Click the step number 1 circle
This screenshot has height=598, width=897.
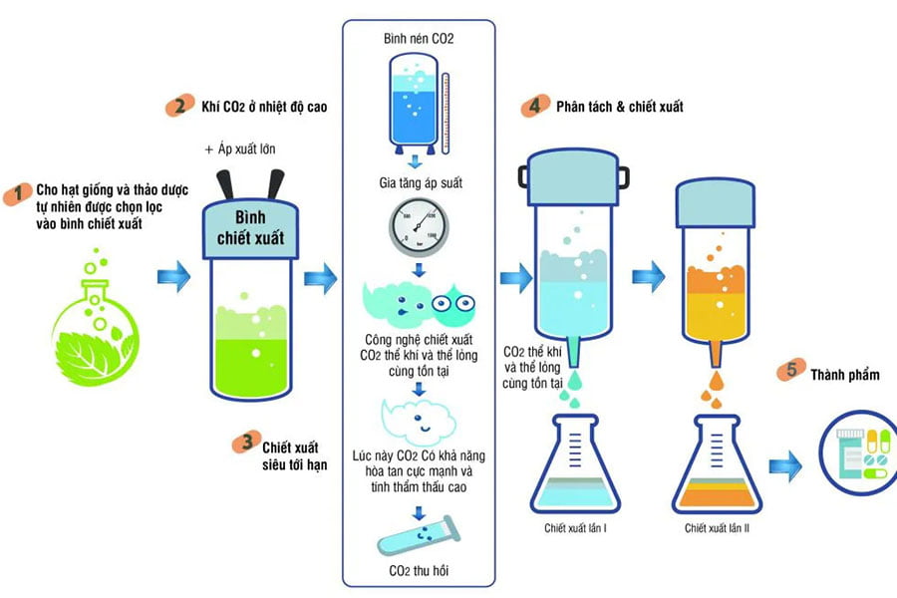(x=16, y=194)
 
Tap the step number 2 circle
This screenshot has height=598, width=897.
(x=179, y=107)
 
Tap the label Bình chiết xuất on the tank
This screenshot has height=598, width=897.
(x=250, y=228)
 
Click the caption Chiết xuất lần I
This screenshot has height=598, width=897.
(x=576, y=527)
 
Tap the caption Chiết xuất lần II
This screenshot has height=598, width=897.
(x=717, y=527)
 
